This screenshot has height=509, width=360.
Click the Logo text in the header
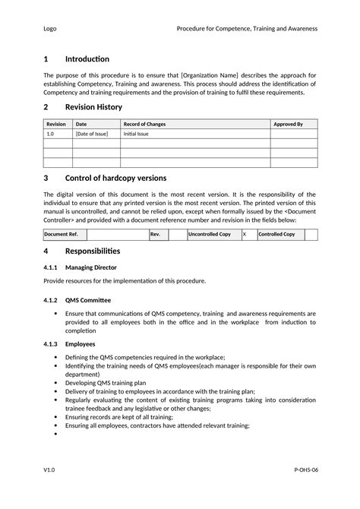point(49,28)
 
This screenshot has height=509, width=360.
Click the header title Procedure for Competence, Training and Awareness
point(247,28)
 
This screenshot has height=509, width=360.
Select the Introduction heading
point(87,58)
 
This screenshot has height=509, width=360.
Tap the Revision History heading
point(93,107)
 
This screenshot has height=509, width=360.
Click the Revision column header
point(56,124)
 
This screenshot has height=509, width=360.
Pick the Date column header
point(81,124)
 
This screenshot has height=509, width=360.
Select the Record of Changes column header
point(144,124)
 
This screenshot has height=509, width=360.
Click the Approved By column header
point(288,124)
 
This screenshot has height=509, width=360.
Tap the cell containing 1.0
point(50,134)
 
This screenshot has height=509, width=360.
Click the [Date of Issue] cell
point(92,134)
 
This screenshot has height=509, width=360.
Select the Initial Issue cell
point(137,134)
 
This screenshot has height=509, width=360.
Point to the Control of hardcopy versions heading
point(115,178)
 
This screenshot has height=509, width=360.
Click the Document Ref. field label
point(61,235)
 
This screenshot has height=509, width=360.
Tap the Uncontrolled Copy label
point(210,235)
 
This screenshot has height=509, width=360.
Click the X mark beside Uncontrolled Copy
point(245,235)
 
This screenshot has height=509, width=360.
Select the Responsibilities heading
point(93,251)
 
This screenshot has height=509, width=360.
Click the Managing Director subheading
point(91,267)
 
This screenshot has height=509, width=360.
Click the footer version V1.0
point(49,471)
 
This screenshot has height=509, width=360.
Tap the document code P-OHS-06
point(305,471)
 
